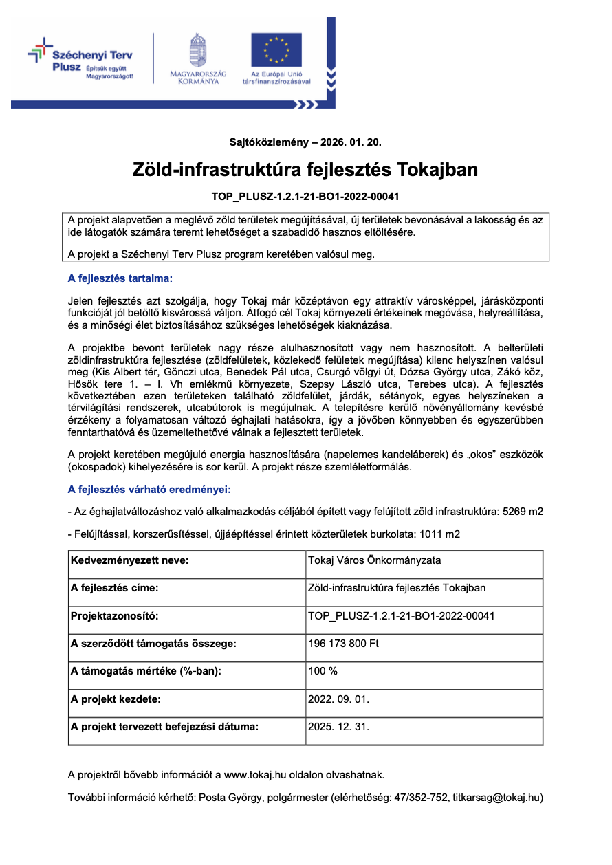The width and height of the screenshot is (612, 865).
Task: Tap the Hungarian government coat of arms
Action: (x=198, y=51)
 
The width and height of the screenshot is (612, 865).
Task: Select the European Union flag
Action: (x=276, y=50)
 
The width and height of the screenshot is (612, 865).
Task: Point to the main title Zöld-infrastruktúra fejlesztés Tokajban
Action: (x=305, y=170)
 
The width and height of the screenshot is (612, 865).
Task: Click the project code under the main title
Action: (x=305, y=197)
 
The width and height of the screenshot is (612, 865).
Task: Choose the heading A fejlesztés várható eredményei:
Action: (x=149, y=490)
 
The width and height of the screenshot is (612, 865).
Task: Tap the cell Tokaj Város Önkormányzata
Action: (x=375, y=560)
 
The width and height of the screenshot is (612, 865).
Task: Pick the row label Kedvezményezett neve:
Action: (x=130, y=560)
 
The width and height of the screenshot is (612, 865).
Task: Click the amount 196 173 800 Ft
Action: (x=344, y=644)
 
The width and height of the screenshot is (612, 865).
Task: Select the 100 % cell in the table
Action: (x=323, y=671)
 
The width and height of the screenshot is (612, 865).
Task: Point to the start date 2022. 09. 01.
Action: (x=339, y=699)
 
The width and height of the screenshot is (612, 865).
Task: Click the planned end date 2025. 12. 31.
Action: (x=339, y=727)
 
